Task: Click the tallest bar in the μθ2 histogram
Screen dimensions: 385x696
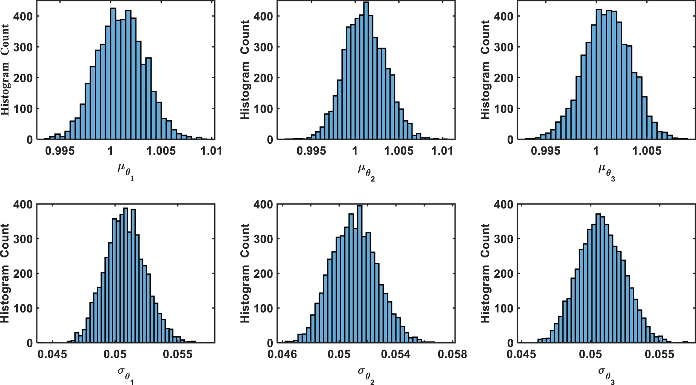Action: point(366,72)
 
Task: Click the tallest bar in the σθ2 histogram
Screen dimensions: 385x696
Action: point(359,275)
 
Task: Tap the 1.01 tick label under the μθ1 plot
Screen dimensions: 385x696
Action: point(211,151)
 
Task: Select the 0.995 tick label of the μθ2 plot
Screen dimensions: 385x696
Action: point(311,151)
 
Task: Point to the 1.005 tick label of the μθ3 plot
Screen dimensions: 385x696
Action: point(647,151)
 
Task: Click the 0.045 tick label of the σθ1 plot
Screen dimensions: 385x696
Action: point(52,355)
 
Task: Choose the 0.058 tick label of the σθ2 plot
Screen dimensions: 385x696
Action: point(452,355)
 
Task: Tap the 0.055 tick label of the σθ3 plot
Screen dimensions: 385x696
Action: point(660,355)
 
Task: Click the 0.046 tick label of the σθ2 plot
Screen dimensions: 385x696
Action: point(282,355)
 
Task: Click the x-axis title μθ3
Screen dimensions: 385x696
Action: point(606,171)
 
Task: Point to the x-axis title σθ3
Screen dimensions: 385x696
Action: point(606,374)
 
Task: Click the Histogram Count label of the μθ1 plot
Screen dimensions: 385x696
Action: point(5,70)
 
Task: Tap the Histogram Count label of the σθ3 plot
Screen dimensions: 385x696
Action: point(485,273)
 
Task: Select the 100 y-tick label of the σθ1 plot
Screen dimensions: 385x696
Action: point(23,308)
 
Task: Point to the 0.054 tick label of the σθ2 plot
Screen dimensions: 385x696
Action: point(395,355)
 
